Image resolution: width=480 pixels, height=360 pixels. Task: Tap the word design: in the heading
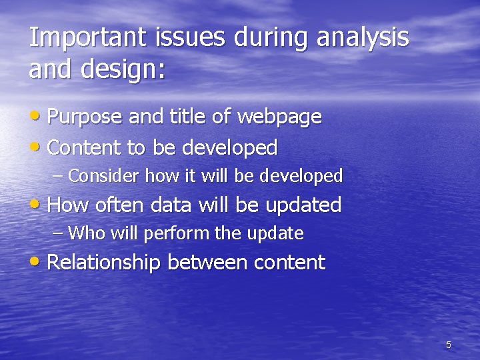pos(120,69)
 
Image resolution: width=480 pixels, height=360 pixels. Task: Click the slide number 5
pos(448,345)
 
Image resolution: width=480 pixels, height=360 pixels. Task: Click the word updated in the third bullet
pos(303,205)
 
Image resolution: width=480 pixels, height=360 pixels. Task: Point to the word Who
pos(82,234)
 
